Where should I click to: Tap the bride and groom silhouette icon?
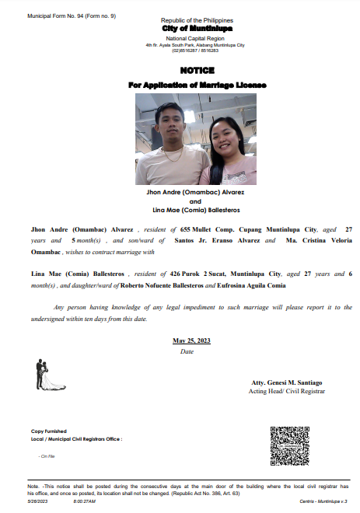pyautogui.click(x=45, y=375)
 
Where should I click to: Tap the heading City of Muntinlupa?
pyautogui.click(x=191, y=28)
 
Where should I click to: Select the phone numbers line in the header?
pyautogui.click(x=190, y=51)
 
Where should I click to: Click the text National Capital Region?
pyautogui.click(x=191, y=38)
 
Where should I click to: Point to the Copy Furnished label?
pyautogui.click(x=49, y=431)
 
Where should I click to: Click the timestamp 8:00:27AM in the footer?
pyautogui.click(x=84, y=501)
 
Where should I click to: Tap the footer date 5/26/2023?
pyautogui.click(x=38, y=501)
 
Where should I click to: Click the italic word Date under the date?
pyautogui.click(x=187, y=351)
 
